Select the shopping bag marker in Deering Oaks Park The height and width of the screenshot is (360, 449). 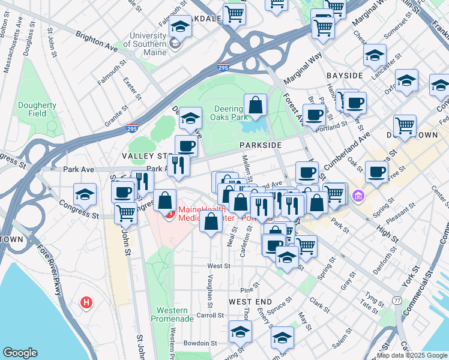click(x=255, y=105)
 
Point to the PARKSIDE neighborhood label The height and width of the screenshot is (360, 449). click(x=260, y=146)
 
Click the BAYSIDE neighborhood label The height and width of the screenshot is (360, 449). click(x=345, y=76)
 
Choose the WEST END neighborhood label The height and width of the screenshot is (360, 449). click(x=250, y=301)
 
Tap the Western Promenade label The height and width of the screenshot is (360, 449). click(x=175, y=314)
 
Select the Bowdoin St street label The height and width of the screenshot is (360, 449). click(x=200, y=343)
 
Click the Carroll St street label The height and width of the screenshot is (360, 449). click(x=210, y=314)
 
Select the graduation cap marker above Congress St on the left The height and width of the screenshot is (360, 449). click(x=85, y=194)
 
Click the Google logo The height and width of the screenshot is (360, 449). click(x=20, y=353)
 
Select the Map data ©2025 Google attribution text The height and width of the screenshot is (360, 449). click(x=411, y=355)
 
